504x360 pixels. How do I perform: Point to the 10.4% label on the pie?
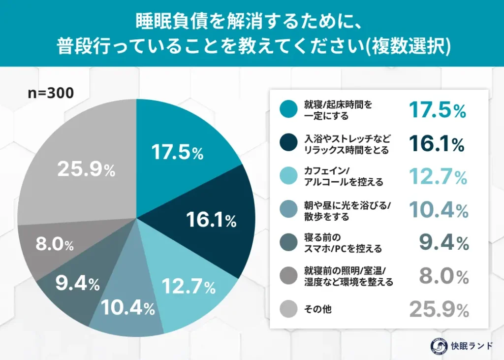tap(128, 308)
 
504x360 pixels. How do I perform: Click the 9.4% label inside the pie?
tap(76, 283)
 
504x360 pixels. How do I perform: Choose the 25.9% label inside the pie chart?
tap(86, 170)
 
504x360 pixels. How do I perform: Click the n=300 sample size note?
tap(51, 93)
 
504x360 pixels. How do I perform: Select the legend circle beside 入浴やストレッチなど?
tap(287, 144)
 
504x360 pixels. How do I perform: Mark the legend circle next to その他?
tap(287, 309)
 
